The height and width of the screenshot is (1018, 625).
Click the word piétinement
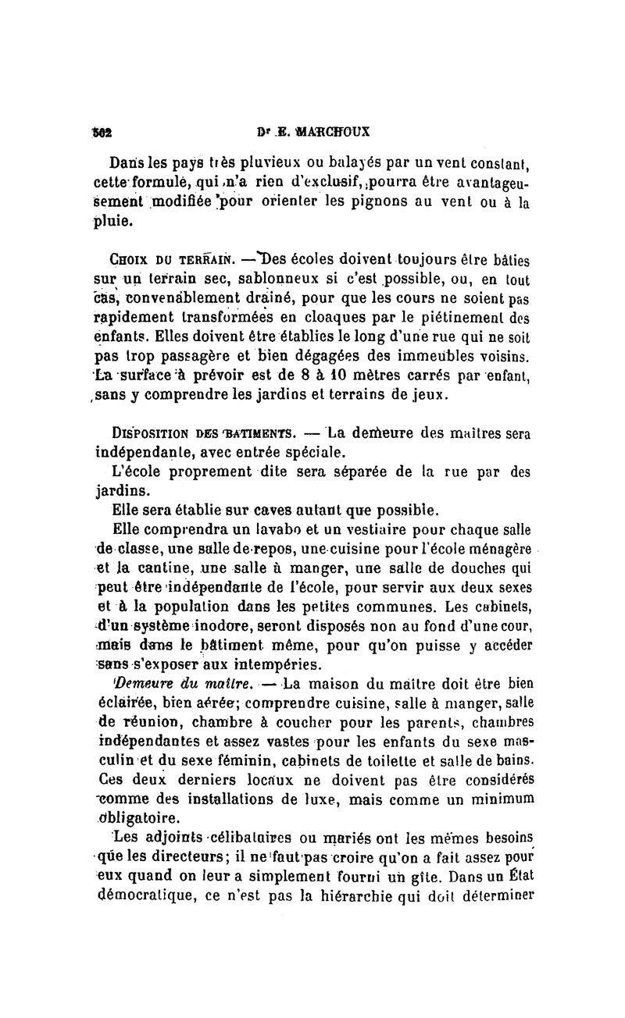tap(445, 320)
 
